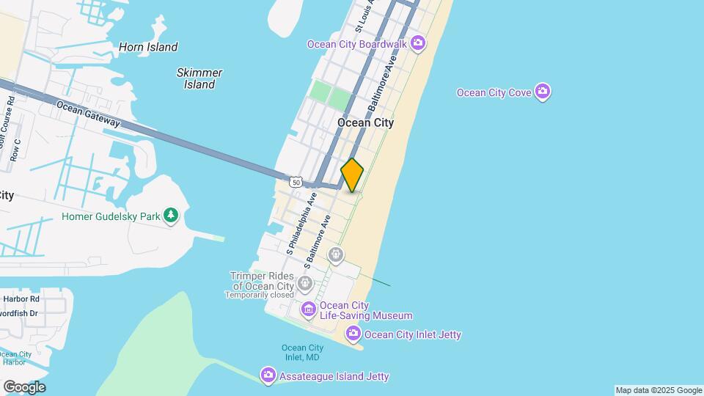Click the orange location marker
[353, 175]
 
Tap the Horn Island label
[148, 47]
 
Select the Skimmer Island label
[199, 78]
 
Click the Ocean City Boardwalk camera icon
[418, 44]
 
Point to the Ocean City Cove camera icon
[543, 92]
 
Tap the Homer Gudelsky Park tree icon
[171, 216]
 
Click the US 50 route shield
[296, 181]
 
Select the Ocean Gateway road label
[88, 114]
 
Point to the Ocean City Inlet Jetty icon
[354, 334]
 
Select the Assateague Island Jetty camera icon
[268, 376]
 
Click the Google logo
[24, 387]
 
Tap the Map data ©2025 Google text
[659, 390]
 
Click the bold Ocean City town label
[365, 122]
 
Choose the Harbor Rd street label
[21, 299]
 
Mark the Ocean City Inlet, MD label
[302, 353]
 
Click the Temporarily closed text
[260, 296]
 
